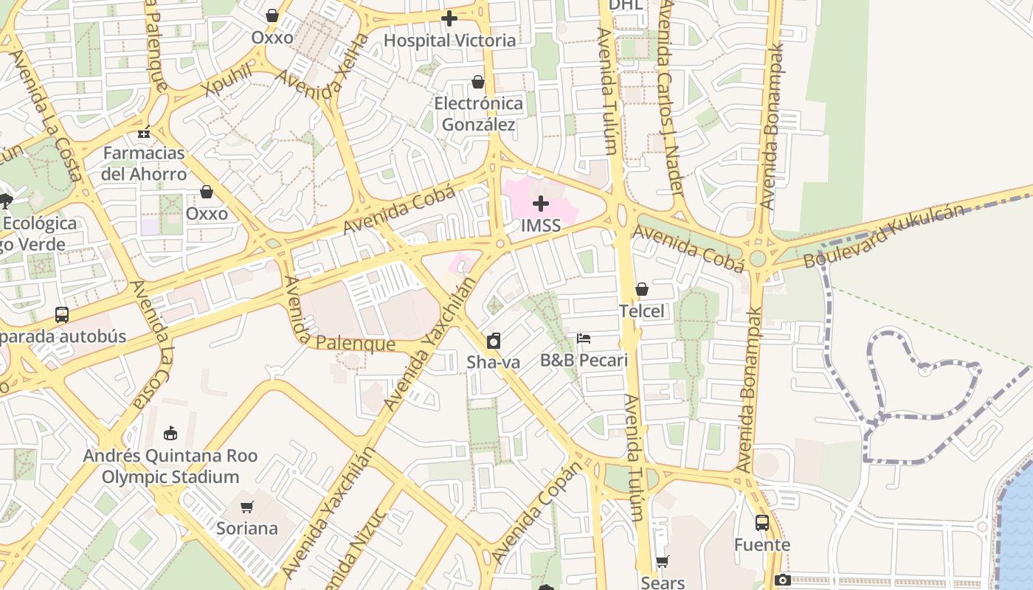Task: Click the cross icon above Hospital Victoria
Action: tap(449, 18)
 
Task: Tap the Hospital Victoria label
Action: tap(449, 41)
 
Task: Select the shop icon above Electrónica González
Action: tap(478, 82)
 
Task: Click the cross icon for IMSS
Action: tap(541, 204)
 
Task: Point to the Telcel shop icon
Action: tap(642, 289)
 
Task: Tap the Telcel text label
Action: tap(642, 311)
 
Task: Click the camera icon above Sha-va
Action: tap(494, 341)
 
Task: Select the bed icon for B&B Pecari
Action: tap(584, 339)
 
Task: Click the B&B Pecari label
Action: tap(584, 361)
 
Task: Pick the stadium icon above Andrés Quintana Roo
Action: tap(170, 433)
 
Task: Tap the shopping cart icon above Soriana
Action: tap(247, 507)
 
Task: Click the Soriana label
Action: tap(247, 529)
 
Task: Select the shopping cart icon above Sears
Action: tap(663, 562)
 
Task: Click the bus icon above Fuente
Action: tap(762, 523)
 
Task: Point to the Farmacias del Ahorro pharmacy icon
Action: tap(144, 132)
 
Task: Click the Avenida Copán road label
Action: tap(536, 510)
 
